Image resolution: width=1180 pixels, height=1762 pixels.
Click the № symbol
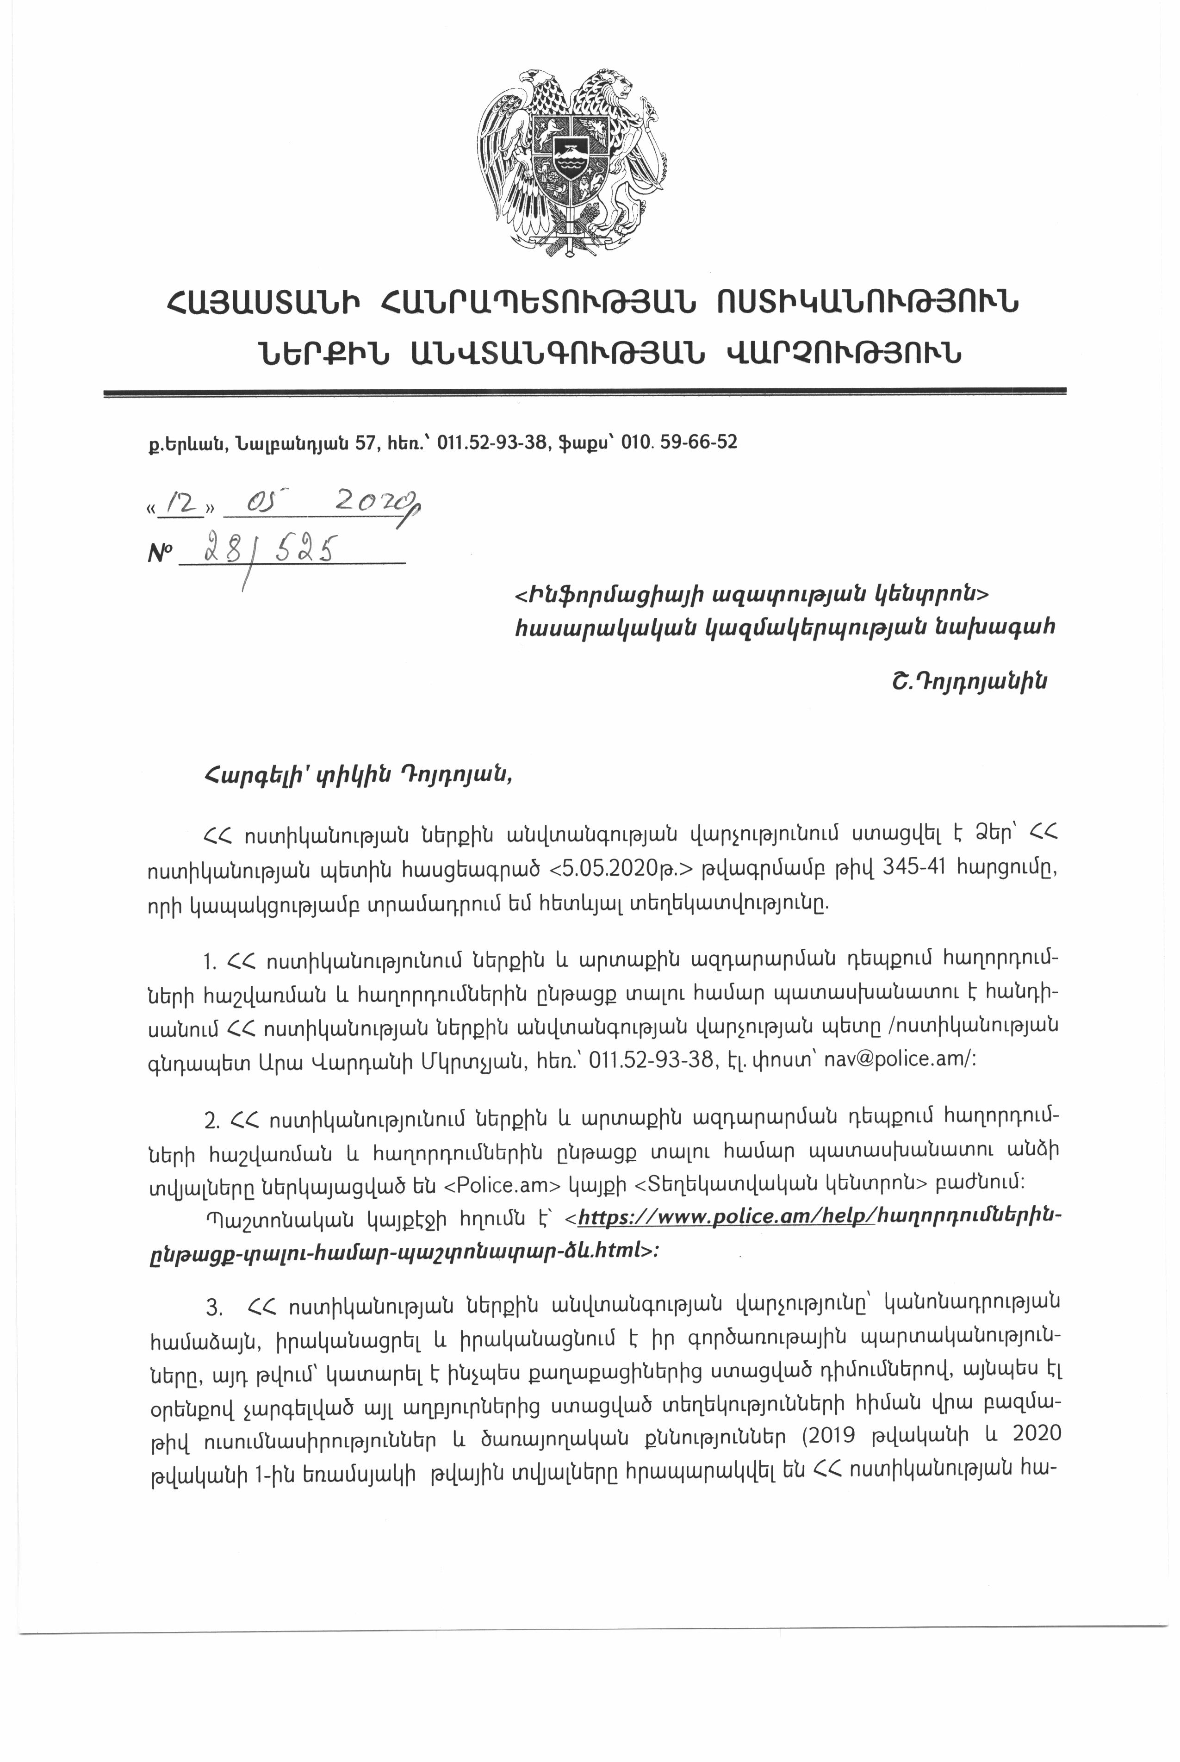tap(160, 555)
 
